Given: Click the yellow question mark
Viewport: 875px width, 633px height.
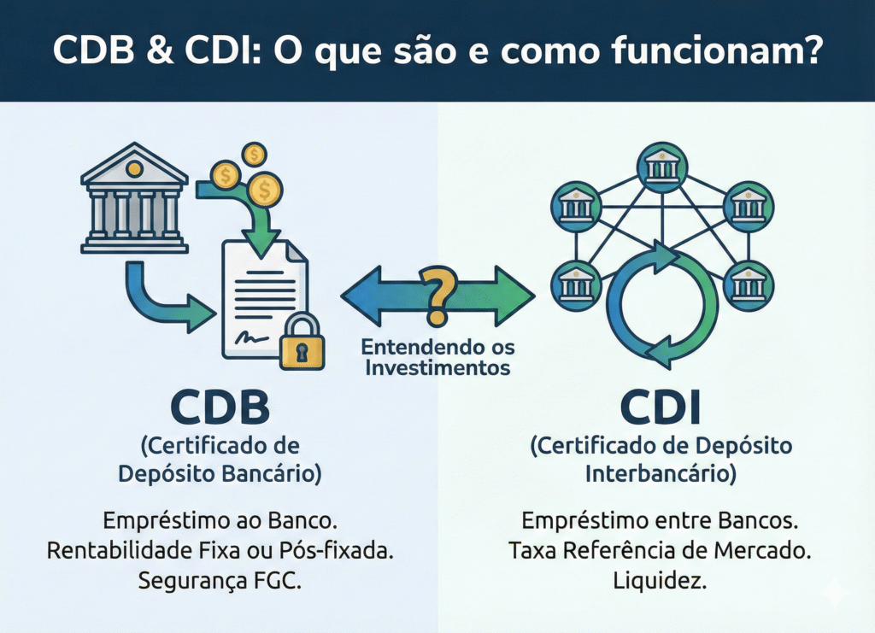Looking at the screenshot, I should coord(437,295).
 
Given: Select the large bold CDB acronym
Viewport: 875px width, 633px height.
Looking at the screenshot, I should coord(220,407).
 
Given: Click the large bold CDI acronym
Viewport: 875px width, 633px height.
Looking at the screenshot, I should coord(661,407).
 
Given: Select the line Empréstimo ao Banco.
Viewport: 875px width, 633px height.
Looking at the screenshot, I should coord(220,521).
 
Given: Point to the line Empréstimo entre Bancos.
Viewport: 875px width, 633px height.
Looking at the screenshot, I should coord(661,521).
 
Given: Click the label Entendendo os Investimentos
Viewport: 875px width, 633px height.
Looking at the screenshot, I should coord(436,358).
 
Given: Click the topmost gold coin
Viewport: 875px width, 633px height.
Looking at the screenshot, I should coord(253,155).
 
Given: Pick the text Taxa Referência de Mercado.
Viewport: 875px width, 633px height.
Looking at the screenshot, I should coord(661,550).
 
